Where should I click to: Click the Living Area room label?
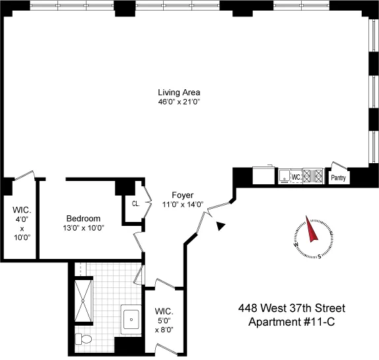(178, 92)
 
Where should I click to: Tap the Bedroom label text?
(83, 219)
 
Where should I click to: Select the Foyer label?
(182, 195)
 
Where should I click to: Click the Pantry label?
(338, 177)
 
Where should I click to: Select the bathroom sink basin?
(131, 319)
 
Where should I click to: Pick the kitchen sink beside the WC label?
(285, 176)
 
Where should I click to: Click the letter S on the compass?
(320, 256)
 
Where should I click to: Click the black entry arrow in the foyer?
(221, 227)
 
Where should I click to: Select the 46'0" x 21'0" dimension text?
(178, 102)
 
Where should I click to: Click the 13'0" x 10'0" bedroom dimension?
(83, 229)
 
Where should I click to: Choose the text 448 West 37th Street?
(291, 308)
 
